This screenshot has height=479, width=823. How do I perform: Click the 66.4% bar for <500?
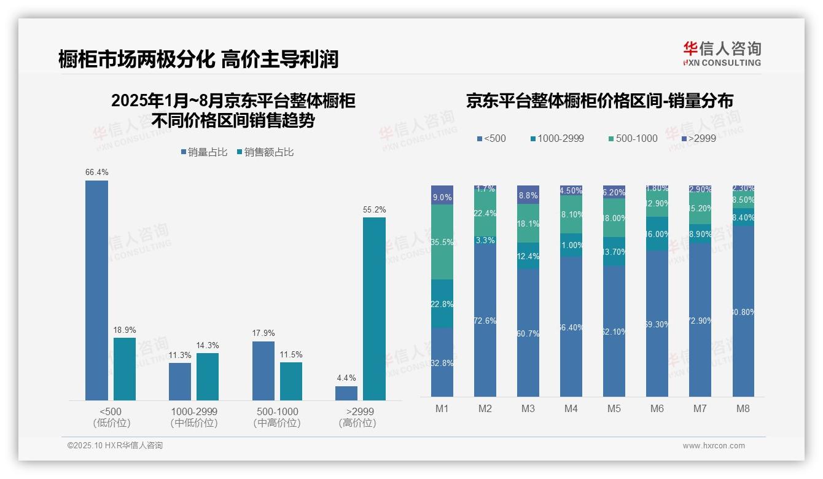(96, 290)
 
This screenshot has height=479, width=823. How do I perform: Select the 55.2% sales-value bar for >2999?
(374, 309)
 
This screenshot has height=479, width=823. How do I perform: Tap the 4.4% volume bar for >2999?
(346, 393)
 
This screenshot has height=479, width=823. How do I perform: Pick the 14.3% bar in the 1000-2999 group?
(208, 376)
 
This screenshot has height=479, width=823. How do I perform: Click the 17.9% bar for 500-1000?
(263, 371)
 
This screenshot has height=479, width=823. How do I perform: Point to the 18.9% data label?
(125, 330)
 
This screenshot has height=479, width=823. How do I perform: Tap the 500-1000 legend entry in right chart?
(632, 138)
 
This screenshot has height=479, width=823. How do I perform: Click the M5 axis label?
(614, 408)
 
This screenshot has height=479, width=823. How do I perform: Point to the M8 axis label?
(743, 408)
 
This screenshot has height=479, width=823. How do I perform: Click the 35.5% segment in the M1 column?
(442, 242)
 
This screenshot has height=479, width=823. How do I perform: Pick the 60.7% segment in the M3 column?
(528, 333)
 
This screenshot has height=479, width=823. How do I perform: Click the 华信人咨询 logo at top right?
(722, 53)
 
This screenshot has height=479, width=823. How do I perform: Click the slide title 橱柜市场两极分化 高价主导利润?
(198, 59)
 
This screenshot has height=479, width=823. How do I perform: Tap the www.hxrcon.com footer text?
(713, 446)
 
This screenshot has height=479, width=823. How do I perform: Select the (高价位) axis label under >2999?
(357, 423)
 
